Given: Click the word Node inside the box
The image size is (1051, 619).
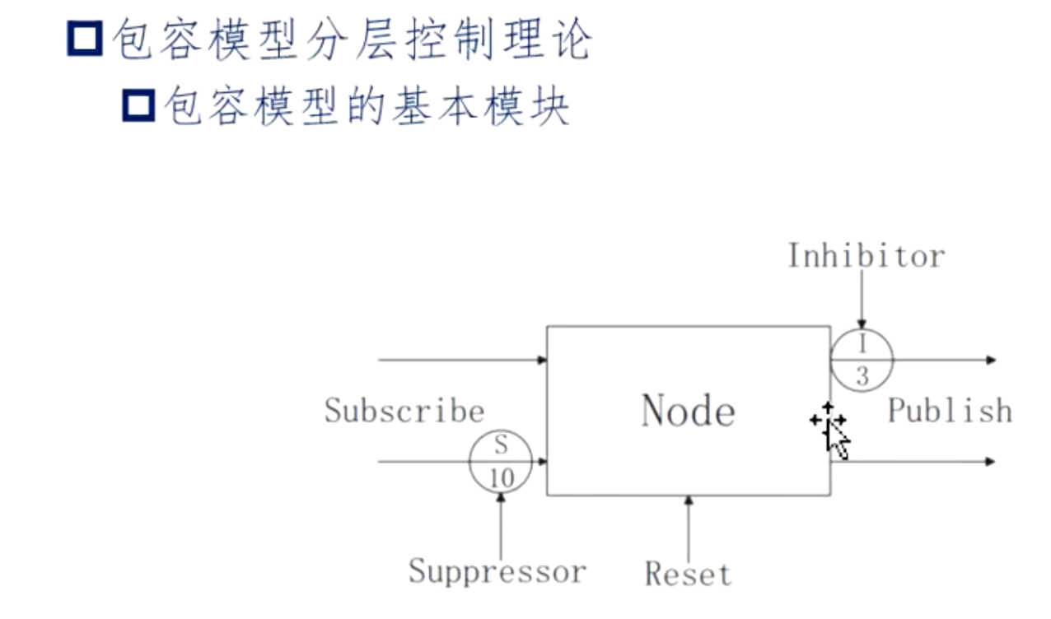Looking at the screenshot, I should pyautogui.click(x=688, y=410).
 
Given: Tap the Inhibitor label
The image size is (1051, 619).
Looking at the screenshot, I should pyautogui.click(x=866, y=256).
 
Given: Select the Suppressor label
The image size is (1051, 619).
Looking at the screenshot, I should pyautogui.click(x=497, y=570).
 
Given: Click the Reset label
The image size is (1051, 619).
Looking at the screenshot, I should pyautogui.click(x=688, y=573).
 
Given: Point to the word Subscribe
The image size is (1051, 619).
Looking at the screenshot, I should pyautogui.click(x=404, y=410).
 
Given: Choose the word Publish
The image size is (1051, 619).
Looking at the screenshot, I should pyautogui.click(x=949, y=410).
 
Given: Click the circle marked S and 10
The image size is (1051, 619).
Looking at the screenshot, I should pyautogui.click(x=501, y=462).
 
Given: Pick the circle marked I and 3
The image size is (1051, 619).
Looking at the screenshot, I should pyautogui.click(x=862, y=361).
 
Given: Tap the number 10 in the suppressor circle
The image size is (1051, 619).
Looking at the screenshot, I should pyautogui.click(x=501, y=477).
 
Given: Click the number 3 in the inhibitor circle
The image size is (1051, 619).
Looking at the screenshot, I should pyautogui.click(x=862, y=376).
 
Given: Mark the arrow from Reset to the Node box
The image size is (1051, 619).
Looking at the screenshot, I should pyautogui.click(x=688, y=527).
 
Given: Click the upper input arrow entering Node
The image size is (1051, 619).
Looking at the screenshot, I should pyautogui.click(x=461, y=360).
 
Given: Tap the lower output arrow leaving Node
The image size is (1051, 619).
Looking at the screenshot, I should pyautogui.click(x=914, y=462).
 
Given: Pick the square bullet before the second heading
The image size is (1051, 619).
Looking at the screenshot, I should pyautogui.click(x=138, y=106).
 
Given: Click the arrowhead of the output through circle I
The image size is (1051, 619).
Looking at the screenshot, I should pyautogui.click(x=991, y=360).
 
